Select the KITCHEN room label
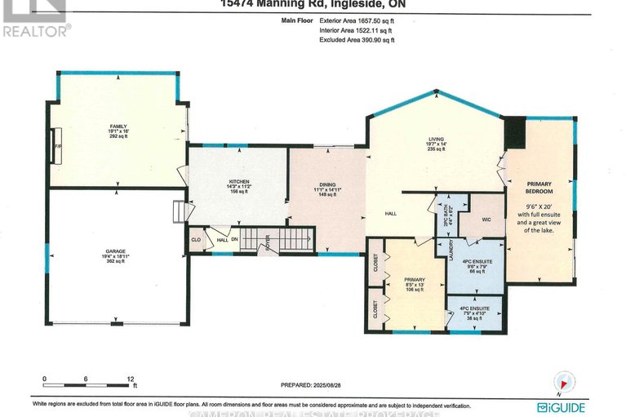tap(238, 181)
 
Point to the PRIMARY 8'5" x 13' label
tap(415, 282)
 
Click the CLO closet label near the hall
tap(196, 241)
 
